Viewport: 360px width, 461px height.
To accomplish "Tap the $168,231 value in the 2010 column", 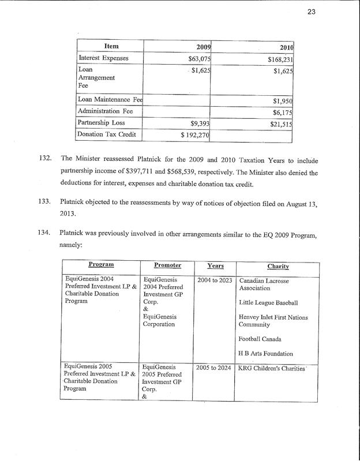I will [x=281, y=59].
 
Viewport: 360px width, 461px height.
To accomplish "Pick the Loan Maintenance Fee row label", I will [x=110, y=99].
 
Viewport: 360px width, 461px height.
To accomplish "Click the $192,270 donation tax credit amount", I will [x=194, y=136].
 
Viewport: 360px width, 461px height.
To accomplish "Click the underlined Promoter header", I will [x=167, y=265].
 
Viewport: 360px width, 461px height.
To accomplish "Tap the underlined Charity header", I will [x=277, y=266].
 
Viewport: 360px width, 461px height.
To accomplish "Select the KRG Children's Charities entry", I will [x=271, y=368].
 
